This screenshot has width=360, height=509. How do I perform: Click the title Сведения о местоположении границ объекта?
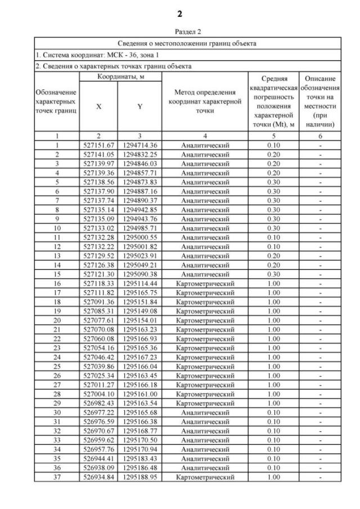click(x=187, y=43)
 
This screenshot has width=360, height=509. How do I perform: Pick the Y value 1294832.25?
click(x=139, y=153)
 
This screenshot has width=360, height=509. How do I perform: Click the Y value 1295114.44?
click(x=139, y=267)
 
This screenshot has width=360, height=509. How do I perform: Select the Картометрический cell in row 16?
click(x=205, y=267)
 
